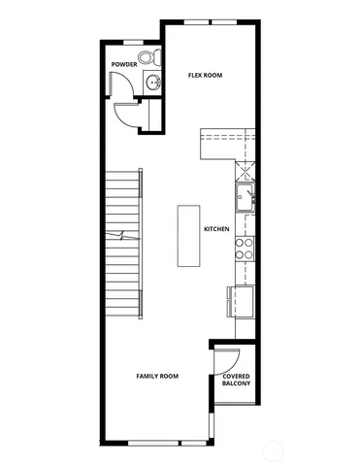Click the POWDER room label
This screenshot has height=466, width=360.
click(x=123, y=64)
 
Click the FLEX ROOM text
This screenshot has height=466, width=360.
click(x=206, y=74)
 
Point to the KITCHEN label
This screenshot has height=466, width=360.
click(x=215, y=229)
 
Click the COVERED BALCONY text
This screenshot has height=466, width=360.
click(x=236, y=380)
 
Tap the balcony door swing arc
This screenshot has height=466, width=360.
click(x=225, y=356)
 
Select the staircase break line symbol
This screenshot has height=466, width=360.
click(x=122, y=235)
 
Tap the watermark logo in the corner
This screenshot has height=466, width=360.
click(x=337, y=449)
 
